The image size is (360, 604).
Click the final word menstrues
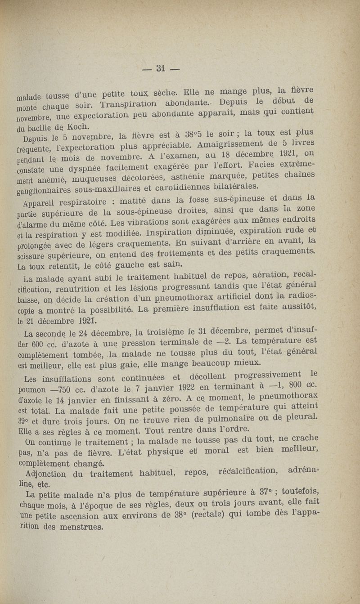(x=72, y=538)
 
